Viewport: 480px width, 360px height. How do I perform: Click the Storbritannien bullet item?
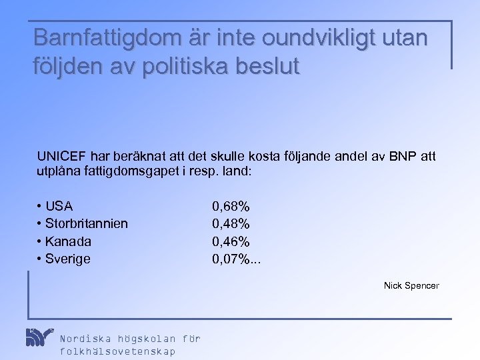click(x=87, y=223)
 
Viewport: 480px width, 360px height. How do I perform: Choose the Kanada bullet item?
click(x=68, y=241)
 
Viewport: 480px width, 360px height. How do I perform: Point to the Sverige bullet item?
click(x=67, y=259)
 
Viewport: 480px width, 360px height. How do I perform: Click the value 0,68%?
click(x=231, y=206)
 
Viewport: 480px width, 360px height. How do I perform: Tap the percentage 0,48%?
click(x=231, y=223)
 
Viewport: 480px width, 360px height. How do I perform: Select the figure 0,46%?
click(x=231, y=241)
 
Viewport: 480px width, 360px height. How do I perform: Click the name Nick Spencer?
click(x=411, y=285)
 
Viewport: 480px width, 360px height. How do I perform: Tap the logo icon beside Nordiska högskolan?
click(x=39, y=338)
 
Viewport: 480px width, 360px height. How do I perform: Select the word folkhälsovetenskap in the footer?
click(x=118, y=351)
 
